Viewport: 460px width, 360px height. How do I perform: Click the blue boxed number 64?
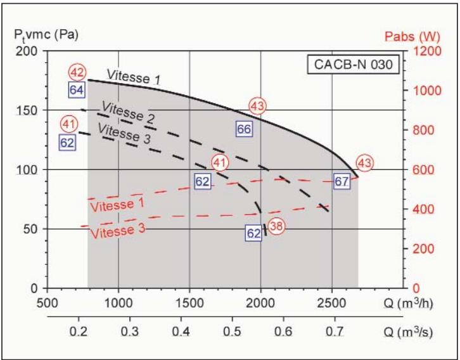click(x=77, y=90)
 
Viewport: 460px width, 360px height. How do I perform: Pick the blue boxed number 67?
click(x=342, y=181)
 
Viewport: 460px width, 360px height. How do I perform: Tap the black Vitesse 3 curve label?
click(x=124, y=133)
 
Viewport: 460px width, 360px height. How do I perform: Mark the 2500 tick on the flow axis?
click(x=332, y=302)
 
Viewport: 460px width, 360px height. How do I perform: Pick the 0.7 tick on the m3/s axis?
click(x=333, y=331)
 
